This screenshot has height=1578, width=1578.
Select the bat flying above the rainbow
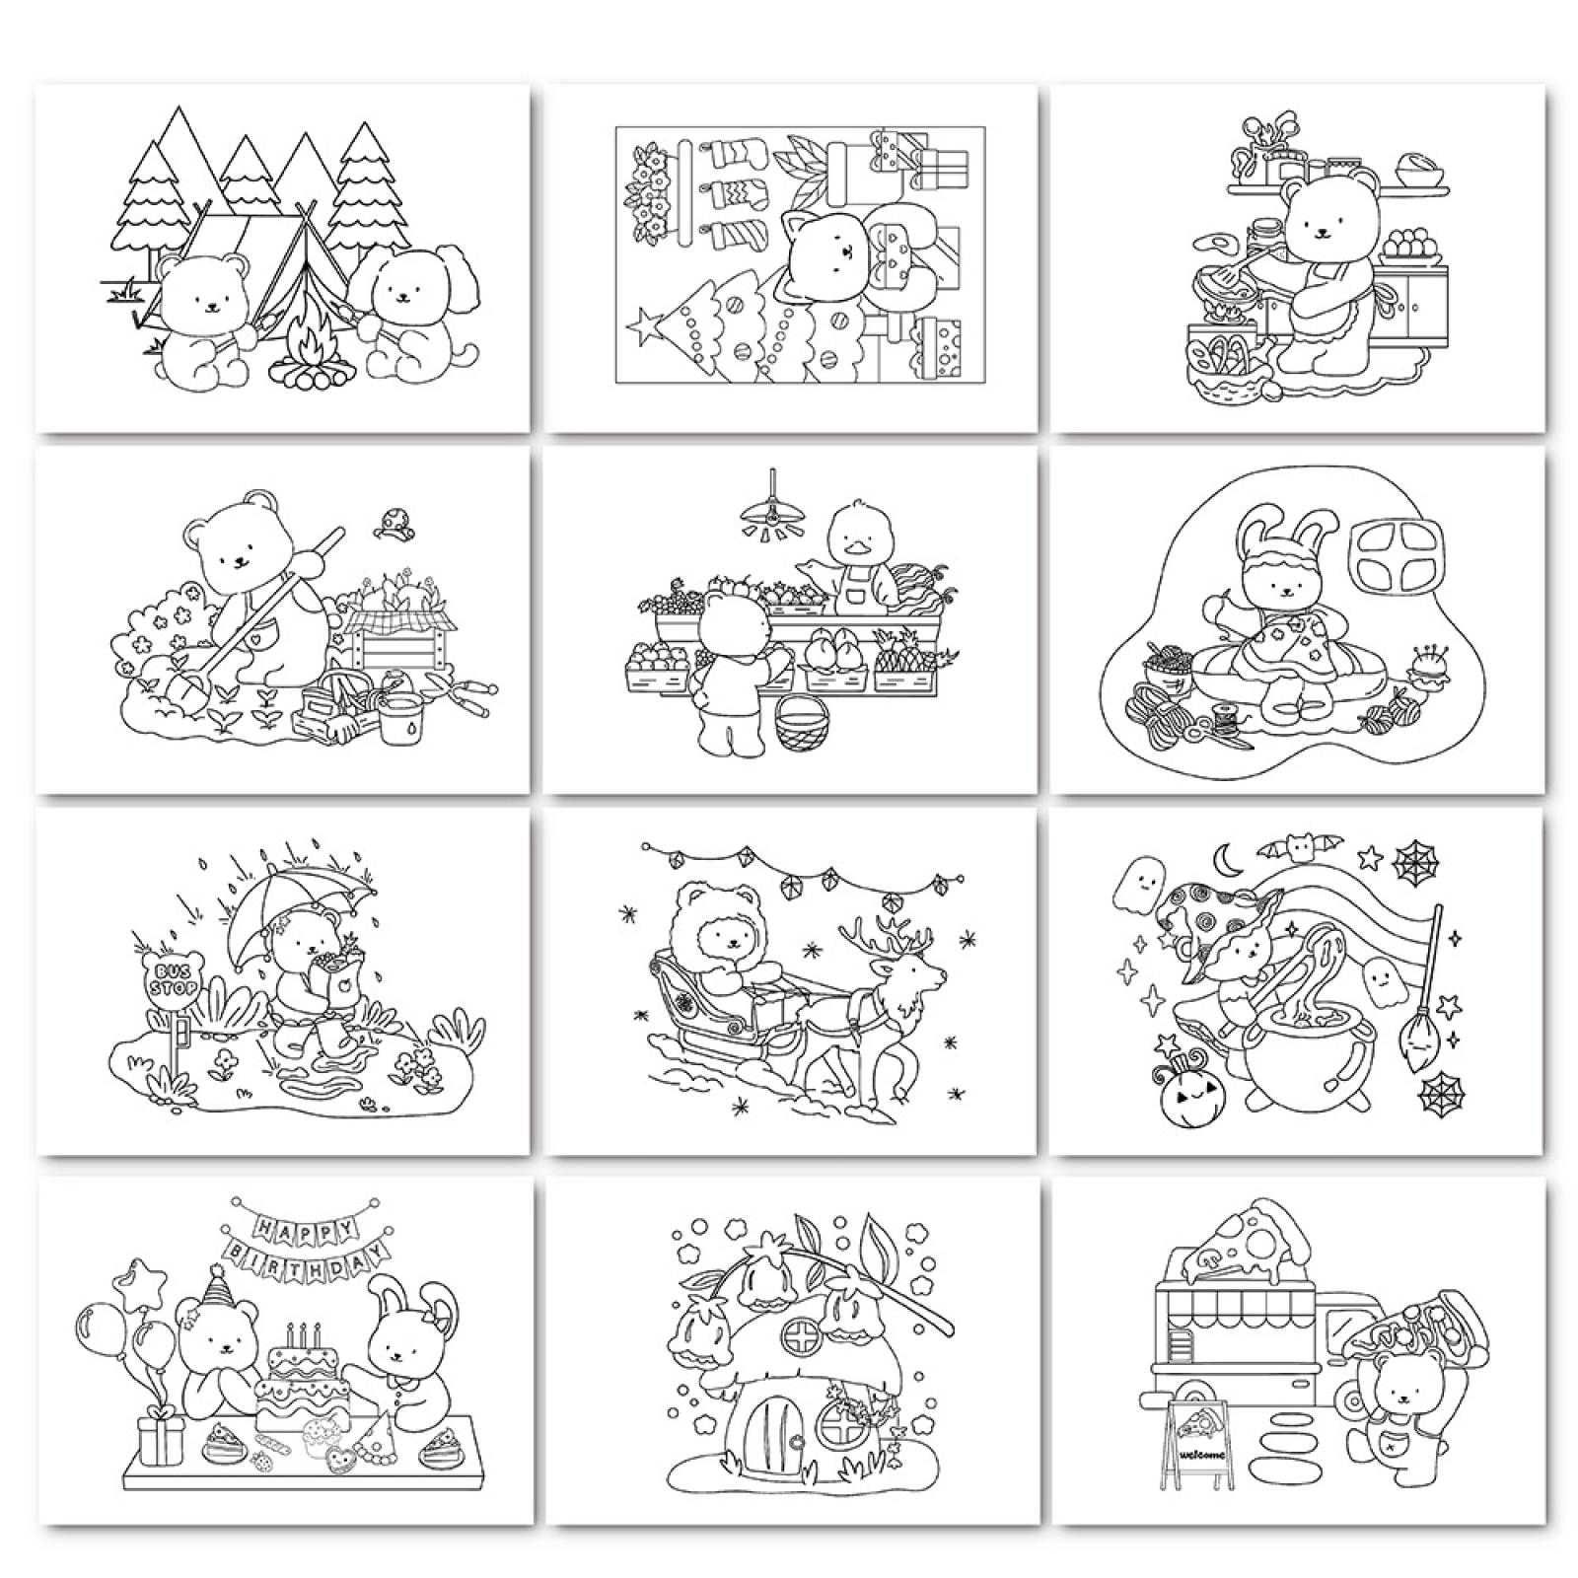1292,845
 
